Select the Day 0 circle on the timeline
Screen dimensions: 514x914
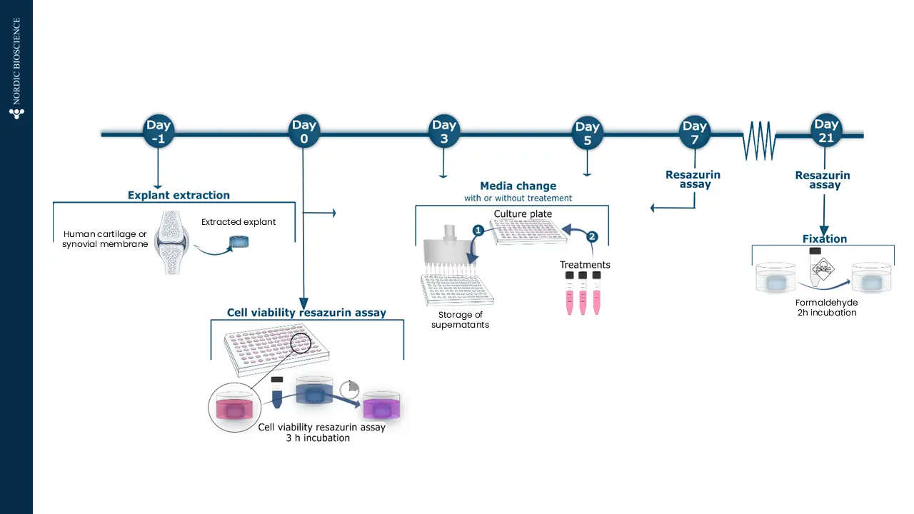303,132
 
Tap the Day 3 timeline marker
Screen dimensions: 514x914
443,132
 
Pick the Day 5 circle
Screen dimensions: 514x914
587,133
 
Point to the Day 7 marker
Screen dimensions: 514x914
694,132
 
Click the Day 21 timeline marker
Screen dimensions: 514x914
826,131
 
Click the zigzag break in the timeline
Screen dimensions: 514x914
759,140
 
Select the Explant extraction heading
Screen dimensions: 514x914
179,195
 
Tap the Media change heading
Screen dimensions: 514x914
518,186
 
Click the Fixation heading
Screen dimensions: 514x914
825,238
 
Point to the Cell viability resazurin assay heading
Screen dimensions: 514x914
306,313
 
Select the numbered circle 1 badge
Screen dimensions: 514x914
478,231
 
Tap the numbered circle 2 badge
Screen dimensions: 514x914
592,236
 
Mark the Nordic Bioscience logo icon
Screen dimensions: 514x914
16,113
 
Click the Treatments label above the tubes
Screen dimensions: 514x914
585,265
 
